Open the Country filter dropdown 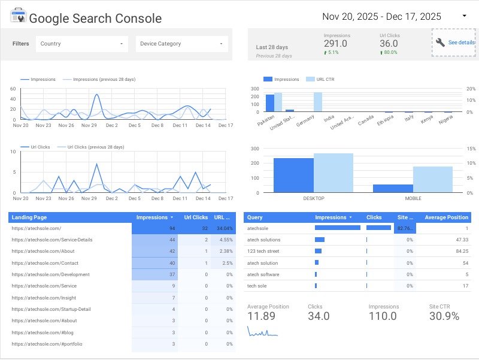81,44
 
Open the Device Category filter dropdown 182,44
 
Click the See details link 460,43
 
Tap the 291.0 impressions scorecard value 335,44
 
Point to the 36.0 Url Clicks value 389,44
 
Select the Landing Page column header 29,217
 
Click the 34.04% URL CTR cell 224,229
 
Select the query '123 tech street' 263,252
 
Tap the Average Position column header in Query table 446,217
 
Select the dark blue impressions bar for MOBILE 393,188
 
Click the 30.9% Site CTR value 444,316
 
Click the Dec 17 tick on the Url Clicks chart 225,199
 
